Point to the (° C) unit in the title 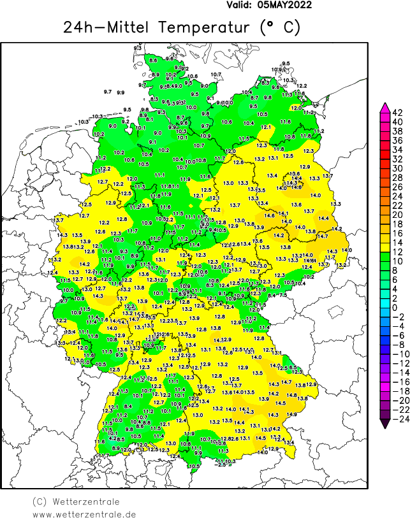(x=279, y=27)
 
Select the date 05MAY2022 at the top (x=285, y=5)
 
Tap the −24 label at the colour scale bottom (x=395, y=419)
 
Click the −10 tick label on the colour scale (x=395, y=354)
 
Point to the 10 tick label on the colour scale (x=397, y=261)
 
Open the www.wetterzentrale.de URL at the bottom (x=84, y=514)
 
